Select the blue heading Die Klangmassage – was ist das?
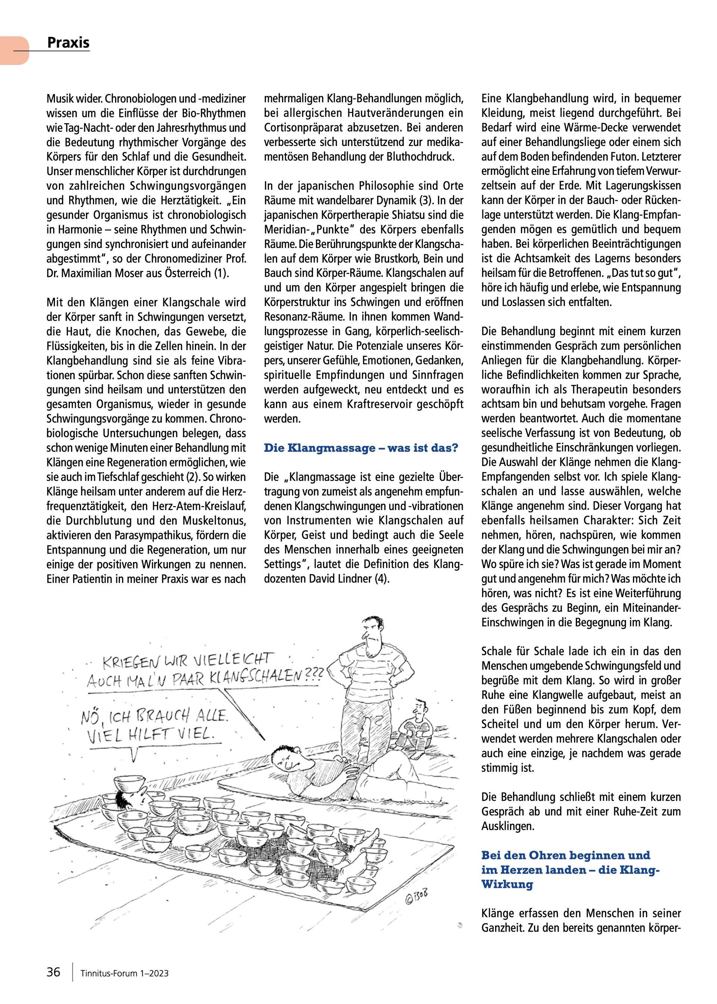click(361, 448)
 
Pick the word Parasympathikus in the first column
click(155, 535)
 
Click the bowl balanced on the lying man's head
click(129, 783)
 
